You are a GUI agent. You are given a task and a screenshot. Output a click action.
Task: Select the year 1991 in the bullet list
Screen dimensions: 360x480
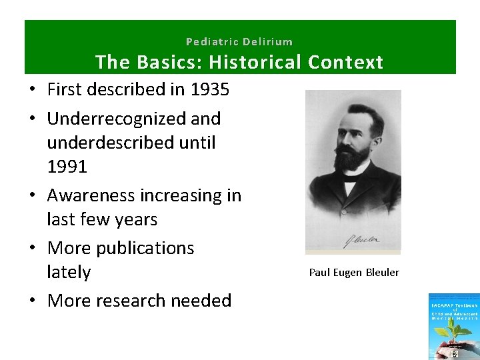[67, 167]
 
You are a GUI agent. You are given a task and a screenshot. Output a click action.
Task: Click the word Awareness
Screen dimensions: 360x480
[91, 195]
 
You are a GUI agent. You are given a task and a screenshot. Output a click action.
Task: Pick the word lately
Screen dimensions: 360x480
[69, 272]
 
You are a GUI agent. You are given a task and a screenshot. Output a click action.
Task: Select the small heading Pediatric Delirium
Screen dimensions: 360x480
[239, 41]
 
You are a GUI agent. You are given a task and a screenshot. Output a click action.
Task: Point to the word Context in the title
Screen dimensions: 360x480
[346, 63]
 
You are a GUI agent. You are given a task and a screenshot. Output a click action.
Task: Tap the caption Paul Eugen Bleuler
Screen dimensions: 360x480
[353, 272]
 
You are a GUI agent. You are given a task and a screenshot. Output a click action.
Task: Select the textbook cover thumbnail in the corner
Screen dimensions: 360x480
[454, 327]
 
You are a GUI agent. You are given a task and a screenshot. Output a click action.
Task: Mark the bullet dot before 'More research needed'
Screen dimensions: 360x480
[32, 301]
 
